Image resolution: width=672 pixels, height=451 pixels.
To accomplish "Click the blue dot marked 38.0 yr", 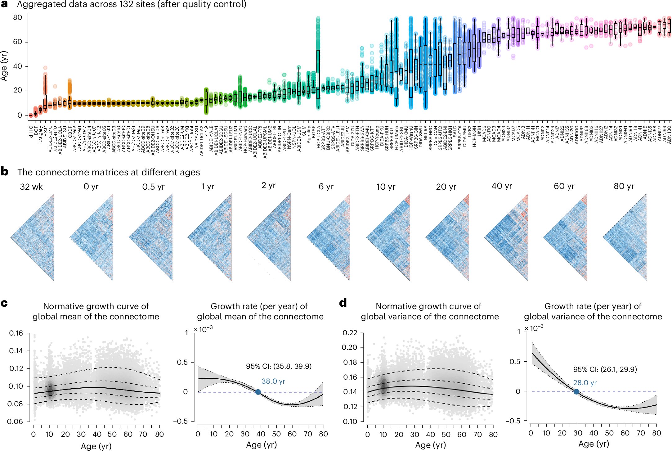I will (258, 392).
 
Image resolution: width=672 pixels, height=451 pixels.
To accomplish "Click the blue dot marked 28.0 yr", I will (576, 392).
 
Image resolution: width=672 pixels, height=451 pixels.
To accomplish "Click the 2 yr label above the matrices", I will (268, 186).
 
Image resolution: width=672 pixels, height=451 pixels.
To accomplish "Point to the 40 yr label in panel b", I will (502, 186).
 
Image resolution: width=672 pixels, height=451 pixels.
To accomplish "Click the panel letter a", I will (4, 4).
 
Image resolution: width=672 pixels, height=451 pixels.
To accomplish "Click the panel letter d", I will (343, 303).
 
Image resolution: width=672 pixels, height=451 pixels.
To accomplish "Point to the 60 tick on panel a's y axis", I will (17, 42).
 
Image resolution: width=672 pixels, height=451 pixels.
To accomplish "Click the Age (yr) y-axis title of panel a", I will (4, 66).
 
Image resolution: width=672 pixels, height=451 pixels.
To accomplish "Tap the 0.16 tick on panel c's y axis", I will (16, 333).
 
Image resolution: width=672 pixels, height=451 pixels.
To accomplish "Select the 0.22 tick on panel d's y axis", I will (350, 333).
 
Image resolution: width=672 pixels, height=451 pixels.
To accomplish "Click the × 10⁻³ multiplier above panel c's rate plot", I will (204, 329).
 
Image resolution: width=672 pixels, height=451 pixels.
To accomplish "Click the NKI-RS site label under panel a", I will (426, 134).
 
